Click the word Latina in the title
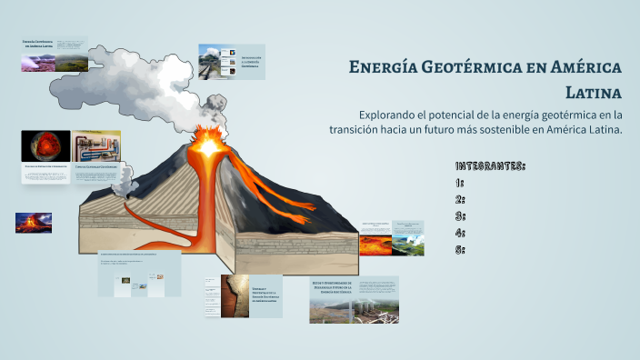[x=593, y=92]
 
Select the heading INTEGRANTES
[x=490, y=166]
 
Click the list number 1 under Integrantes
[x=460, y=183]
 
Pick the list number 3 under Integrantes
[x=460, y=215]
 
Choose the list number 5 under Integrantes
[x=460, y=248]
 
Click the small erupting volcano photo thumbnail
[x=33, y=223]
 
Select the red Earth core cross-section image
[x=45, y=146]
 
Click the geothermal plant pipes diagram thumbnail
[x=96, y=146]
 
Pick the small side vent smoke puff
[x=118, y=182]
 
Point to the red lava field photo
[x=375, y=245]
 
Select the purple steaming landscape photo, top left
[x=38, y=62]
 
